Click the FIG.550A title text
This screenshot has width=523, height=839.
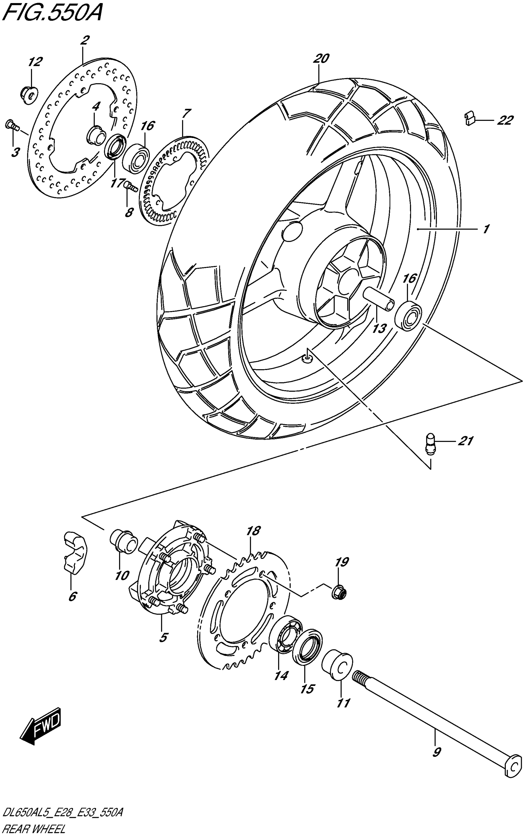[52, 14]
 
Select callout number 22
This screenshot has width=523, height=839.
[505, 121]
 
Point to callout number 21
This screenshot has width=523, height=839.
[465, 441]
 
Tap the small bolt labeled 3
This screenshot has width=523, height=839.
[11, 125]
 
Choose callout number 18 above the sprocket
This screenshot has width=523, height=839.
[253, 530]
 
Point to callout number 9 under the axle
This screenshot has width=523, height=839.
[437, 752]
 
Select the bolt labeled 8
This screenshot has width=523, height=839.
[130, 187]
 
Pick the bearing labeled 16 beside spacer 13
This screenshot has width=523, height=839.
[408, 316]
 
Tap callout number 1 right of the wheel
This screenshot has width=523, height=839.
[486, 229]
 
